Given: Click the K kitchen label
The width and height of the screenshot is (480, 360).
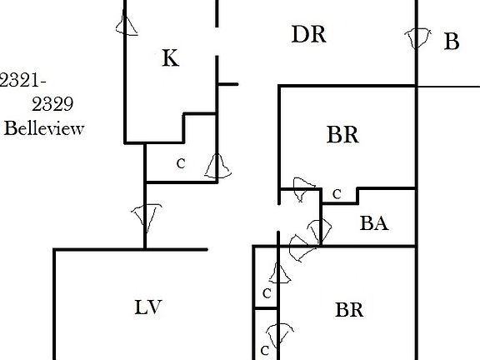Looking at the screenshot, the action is [171, 57].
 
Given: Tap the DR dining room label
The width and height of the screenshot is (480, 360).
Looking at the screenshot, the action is [308, 34].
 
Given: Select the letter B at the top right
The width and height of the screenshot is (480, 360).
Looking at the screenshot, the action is [452, 42].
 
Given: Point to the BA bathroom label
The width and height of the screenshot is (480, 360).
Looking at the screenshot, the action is [374, 223].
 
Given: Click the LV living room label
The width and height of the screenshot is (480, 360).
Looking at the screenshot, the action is [148, 307].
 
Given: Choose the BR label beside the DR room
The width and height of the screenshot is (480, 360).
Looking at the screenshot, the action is [342, 134].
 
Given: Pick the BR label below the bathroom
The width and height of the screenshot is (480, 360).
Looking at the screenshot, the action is [349, 310].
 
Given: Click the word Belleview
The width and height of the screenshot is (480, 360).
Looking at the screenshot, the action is [44, 128].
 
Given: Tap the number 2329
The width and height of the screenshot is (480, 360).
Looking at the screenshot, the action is [52, 104].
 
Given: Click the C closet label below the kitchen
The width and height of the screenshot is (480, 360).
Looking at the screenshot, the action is [181, 164].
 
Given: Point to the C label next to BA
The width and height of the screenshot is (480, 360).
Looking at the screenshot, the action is [337, 194].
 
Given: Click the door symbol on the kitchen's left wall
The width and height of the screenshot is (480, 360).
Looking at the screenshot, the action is [126, 24].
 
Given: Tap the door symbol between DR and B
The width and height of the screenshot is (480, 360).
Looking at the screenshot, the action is [417, 37].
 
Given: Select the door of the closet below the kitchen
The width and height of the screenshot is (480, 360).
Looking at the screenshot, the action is [217, 166].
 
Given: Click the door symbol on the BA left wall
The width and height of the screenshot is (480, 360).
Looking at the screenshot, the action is [319, 230].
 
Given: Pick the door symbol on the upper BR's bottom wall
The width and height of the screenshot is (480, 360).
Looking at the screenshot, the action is [302, 188].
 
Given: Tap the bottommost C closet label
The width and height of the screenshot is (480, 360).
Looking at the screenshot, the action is [265, 350].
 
